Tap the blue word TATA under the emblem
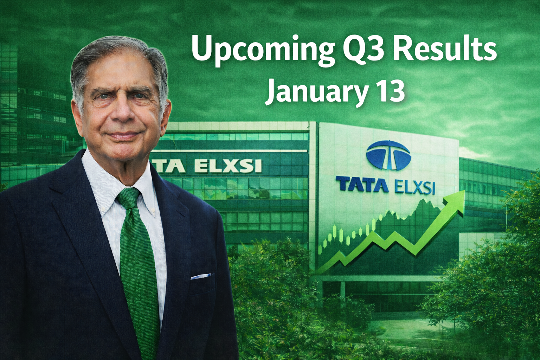[x=362, y=185]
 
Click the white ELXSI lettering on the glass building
[x=227, y=166]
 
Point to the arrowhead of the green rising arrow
[x=455, y=202]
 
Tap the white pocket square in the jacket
[x=201, y=276]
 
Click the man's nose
[x=123, y=111]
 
